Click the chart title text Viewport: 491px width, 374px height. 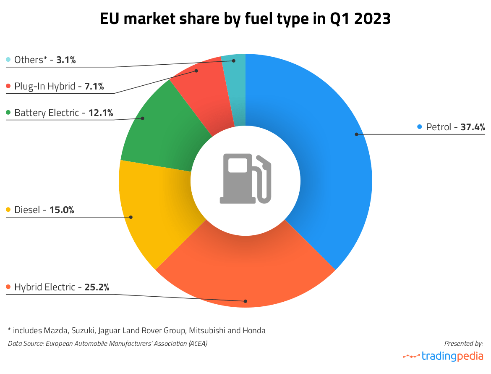(245, 19)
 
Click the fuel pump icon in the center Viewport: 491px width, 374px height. (245, 179)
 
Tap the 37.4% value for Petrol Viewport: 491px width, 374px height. (473, 127)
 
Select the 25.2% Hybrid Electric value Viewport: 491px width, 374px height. (97, 287)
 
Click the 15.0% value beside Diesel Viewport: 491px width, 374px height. (62, 210)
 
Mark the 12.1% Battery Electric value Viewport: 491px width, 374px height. (101, 113)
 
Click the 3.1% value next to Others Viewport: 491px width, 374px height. (66, 60)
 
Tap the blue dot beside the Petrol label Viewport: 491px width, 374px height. (420, 127)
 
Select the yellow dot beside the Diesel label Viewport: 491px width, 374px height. (8, 210)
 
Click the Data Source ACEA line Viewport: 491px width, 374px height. (107, 343)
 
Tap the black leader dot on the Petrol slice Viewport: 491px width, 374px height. (356, 134)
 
